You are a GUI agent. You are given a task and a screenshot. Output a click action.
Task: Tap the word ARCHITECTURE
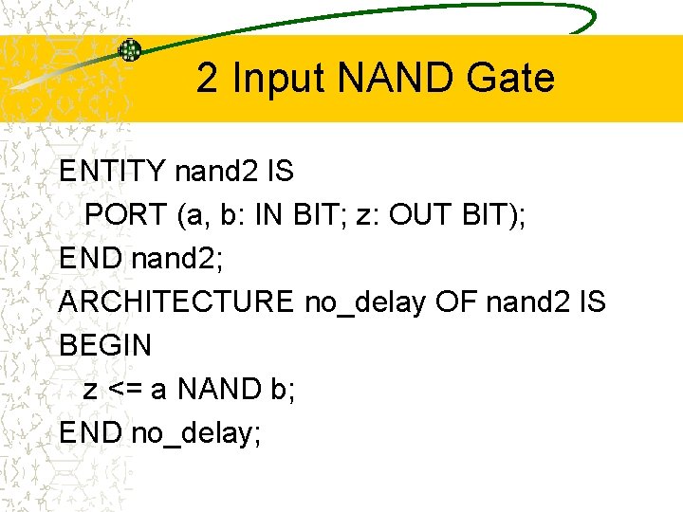pos(176,302)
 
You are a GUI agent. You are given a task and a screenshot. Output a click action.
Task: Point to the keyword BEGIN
pos(104,346)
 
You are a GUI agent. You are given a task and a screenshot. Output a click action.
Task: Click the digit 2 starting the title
pos(207,78)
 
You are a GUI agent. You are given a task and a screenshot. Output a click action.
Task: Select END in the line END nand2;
pos(90,259)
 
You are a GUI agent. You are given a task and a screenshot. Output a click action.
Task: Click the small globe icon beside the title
pos(129,51)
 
